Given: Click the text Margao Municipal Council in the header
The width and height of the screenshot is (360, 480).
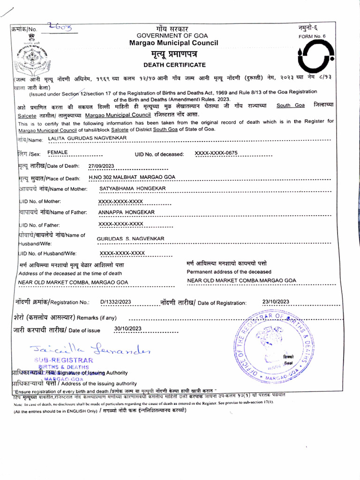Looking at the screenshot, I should pyautogui.click(x=174, y=43).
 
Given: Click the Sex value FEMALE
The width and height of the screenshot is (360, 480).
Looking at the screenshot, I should pyautogui.click(x=58, y=153).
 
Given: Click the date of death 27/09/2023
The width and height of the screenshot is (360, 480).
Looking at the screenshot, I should pyautogui.click(x=101, y=166).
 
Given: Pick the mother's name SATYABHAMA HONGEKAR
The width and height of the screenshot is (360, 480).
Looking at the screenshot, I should pyautogui.click(x=132, y=188).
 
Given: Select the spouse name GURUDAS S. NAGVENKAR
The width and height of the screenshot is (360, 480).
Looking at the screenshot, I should pyautogui.click(x=130, y=239).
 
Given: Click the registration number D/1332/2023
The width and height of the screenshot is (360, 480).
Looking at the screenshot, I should pyautogui.click(x=116, y=302).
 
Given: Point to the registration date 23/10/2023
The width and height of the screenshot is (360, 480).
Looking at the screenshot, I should pyautogui.click(x=276, y=301).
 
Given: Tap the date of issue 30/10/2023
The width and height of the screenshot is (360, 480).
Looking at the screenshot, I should pyautogui.click(x=127, y=329).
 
